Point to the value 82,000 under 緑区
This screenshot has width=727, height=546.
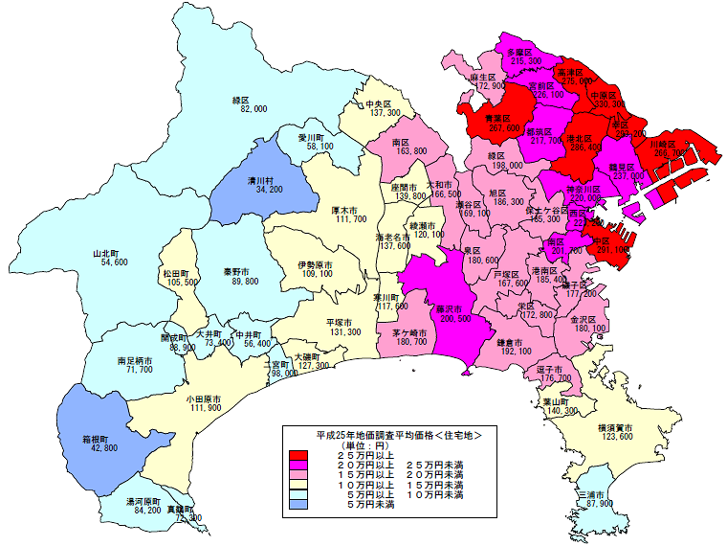[x=253, y=110]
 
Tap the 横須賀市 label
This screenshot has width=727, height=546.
[x=617, y=426]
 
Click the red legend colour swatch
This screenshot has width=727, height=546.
[x=298, y=454]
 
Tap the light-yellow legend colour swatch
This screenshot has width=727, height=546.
[x=298, y=486]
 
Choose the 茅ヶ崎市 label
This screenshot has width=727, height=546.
[x=409, y=331]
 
